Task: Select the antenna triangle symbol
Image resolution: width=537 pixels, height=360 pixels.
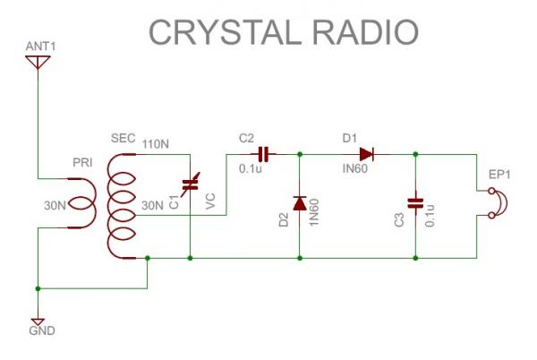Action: click(x=37, y=62)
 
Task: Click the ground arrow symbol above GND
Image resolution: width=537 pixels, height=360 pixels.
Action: click(x=38, y=320)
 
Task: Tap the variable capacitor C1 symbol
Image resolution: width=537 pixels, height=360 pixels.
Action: click(x=190, y=186)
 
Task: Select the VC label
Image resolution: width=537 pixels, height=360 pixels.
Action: click(x=210, y=202)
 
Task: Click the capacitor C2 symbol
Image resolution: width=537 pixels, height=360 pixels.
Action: click(x=263, y=154)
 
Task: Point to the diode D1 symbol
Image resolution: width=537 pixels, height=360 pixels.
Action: click(x=366, y=154)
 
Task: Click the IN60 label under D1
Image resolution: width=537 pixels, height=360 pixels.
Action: click(x=354, y=169)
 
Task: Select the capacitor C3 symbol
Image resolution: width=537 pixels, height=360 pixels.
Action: click(x=415, y=202)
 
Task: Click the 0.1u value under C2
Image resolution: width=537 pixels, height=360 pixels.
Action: click(x=251, y=169)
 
